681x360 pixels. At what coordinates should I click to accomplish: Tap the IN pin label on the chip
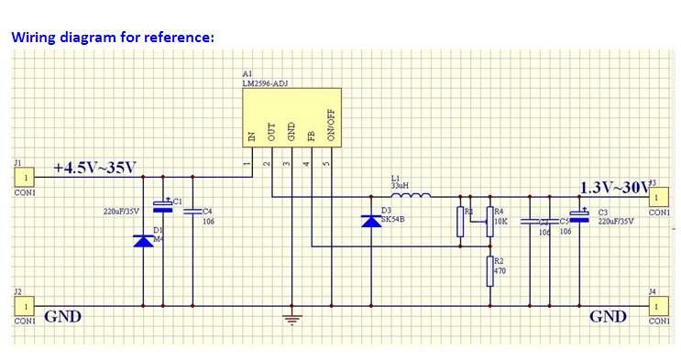250,136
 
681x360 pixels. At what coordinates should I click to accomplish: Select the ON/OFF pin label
332,127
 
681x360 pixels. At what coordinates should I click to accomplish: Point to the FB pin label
312,136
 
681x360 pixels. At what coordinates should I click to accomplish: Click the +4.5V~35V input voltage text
94,168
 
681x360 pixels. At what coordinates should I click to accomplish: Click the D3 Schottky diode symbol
371,221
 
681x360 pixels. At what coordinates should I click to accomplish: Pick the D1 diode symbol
144,240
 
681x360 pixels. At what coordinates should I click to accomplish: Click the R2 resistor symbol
489,271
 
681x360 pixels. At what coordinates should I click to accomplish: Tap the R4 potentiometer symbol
489,221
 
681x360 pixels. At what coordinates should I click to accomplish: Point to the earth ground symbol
291,318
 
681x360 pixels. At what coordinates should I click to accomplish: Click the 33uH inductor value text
400,185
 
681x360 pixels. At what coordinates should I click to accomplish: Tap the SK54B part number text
393,220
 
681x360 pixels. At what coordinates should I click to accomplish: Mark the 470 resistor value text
500,271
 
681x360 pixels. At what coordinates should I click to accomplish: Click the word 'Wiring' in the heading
34,38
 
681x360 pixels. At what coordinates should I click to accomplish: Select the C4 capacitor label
207,211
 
